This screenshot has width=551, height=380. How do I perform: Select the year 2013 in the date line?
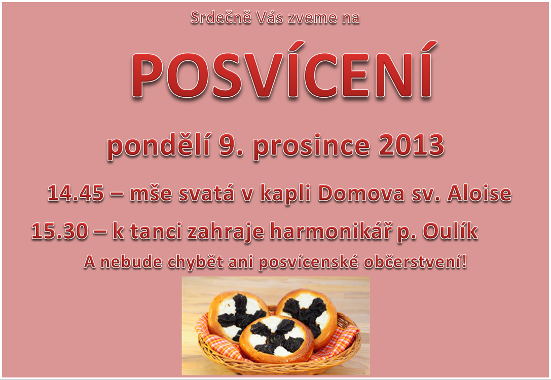411,145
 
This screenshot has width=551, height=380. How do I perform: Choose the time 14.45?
76,194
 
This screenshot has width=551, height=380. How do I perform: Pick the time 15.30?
60,232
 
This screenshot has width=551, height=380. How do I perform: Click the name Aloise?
480,194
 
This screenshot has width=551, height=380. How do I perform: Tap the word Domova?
361,194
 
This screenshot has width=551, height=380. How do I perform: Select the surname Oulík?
450,231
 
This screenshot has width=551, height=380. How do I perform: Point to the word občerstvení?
415,262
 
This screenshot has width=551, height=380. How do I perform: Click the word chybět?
195,262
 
